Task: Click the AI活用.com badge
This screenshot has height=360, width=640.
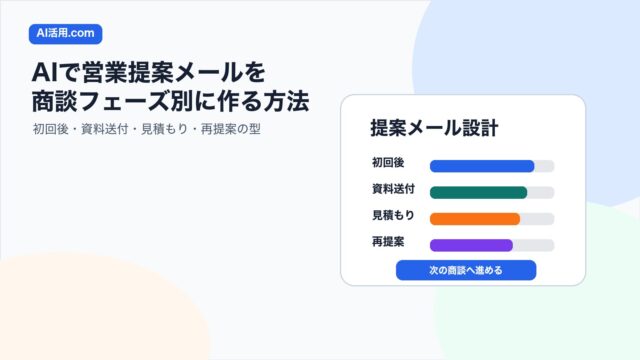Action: [65, 34]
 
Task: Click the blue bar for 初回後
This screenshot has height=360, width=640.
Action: [482, 166]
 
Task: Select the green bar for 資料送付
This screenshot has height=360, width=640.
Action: [478, 192]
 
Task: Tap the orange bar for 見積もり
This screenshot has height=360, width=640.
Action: [475, 219]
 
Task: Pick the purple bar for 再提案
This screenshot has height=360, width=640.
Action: [471, 245]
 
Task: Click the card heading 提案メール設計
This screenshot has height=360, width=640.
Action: [434, 128]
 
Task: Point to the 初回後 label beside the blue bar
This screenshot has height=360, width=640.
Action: [388, 162]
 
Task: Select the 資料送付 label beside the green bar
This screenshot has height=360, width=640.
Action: [393, 189]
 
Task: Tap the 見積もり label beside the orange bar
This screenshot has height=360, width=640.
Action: [393, 215]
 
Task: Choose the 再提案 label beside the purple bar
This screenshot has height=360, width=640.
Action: [388, 242]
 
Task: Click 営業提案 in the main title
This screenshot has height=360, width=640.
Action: [127, 73]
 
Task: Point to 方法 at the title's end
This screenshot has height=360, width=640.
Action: [286, 102]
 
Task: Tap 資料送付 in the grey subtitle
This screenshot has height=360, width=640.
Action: [104, 129]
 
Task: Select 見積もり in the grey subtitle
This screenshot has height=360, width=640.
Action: [164, 129]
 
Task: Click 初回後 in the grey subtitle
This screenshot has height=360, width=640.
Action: [50, 129]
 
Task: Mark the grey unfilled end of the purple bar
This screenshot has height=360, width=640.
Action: [533, 245]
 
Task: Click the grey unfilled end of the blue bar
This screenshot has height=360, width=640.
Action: [544, 166]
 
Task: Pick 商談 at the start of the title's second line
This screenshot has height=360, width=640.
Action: [54, 102]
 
